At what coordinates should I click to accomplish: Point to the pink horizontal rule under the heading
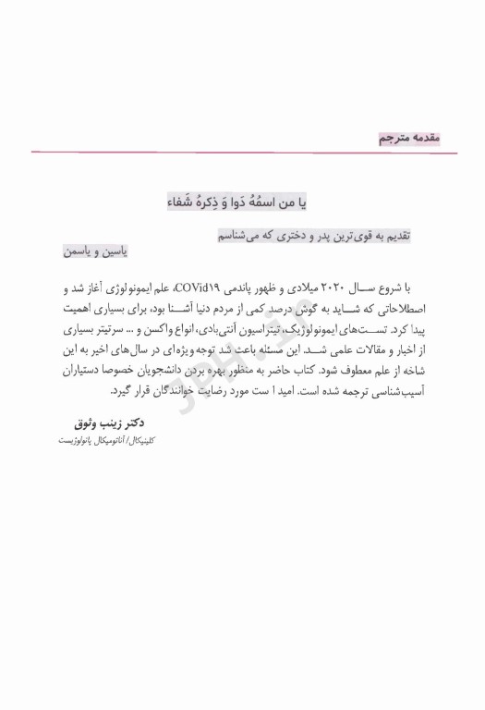[x=242, y=152]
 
